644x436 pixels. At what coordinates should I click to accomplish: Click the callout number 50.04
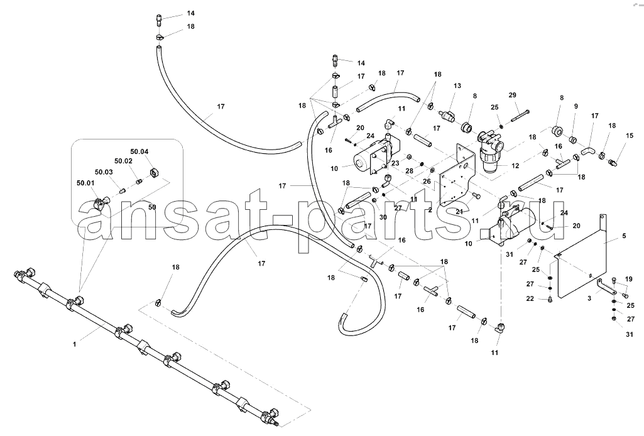(x=139, y=151)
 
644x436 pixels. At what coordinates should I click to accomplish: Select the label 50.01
(x=85, y=182)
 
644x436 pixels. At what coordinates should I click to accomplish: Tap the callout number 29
(x=512, y=95)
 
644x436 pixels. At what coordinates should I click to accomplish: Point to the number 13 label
(x=457, y=86)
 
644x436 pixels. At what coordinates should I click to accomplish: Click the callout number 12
(x=515, y=166)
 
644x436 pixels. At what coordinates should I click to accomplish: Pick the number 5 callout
(x=624, y=236)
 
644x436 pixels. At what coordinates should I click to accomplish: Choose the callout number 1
(x=74, y=344)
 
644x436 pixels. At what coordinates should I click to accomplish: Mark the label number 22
(x=530, y=298)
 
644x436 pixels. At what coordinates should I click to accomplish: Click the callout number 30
(x=383, y=217)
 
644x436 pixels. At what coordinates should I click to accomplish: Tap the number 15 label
(x=629, y=136)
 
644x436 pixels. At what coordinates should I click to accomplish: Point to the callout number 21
(x=459, y=212)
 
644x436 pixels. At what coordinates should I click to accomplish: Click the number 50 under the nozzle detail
(x=151, y=207)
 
